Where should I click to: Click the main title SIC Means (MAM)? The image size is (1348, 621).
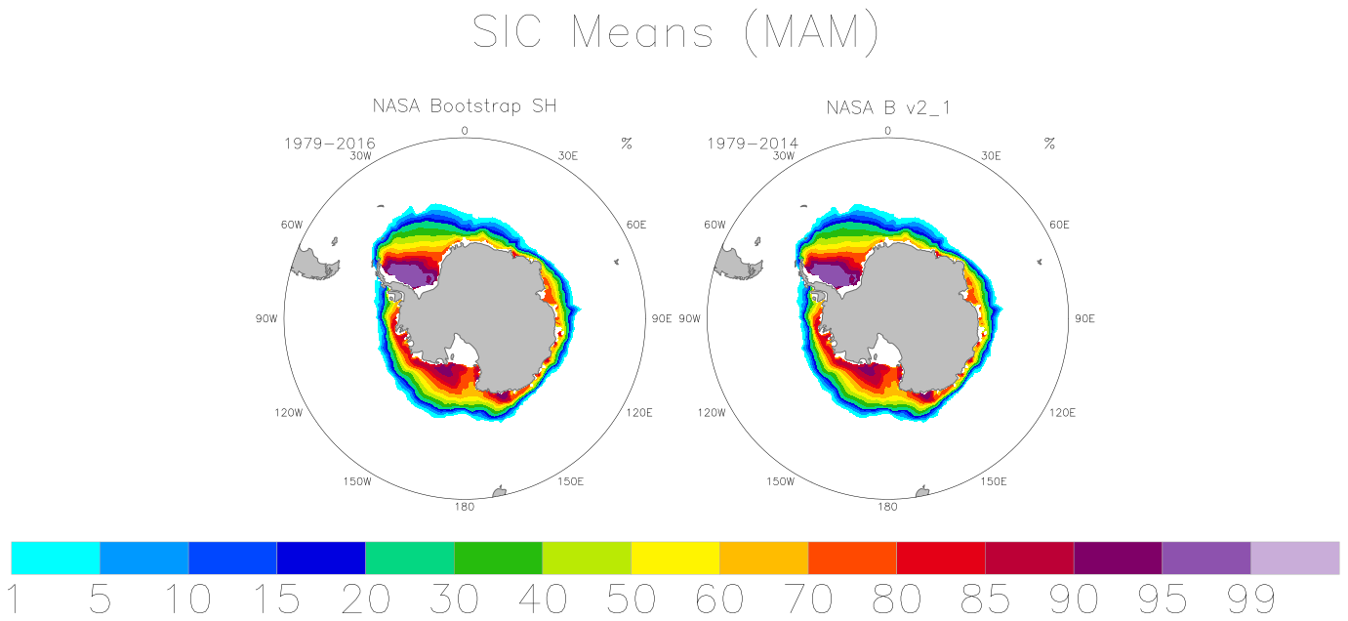(675, 32)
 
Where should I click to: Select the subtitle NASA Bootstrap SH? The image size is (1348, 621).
(465, 105)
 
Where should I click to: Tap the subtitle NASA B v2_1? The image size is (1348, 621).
(888, 107)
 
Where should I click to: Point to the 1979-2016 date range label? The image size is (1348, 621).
(330, 144)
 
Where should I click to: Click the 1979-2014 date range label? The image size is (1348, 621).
(753, 144)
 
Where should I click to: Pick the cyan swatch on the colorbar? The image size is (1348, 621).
(56, 558)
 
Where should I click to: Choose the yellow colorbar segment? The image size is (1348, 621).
(675, 558)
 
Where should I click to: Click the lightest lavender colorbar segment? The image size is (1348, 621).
(1295, 558)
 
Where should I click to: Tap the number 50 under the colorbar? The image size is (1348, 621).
(631, 600)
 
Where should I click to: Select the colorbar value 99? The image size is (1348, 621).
(1250, 600)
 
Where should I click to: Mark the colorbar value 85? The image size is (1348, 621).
(985, 600)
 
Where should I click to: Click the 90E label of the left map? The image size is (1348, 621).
(662, 318)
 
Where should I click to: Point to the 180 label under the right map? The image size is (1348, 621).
(887, 507)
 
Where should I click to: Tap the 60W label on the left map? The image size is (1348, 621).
(292, 225)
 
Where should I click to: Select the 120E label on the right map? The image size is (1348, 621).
(1062, 413)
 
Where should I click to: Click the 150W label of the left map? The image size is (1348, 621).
(357, 481)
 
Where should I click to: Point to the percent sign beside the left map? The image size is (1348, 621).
(627, 144)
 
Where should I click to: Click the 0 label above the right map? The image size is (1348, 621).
(887, 131)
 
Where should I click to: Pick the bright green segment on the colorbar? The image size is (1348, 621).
(498, 558)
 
